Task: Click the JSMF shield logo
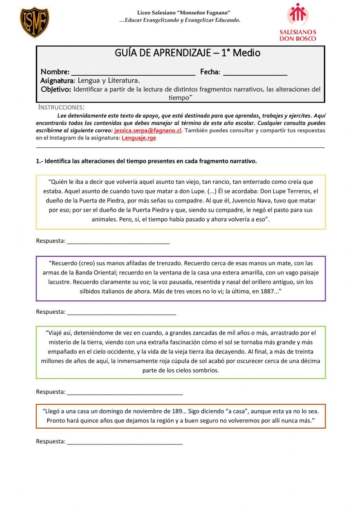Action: click(x=35, y=22)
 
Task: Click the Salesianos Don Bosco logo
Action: click(x=298, y=22)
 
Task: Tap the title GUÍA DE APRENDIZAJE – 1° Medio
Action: click(x=187, y=53)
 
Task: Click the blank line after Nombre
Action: click(x=133, y=72)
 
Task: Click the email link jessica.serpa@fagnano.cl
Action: click(x=148, y=130)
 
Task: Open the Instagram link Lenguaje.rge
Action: click(x=139, y=138)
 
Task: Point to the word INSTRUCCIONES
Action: click(x=62, y=107)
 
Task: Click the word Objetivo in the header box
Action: click(x=56, y=89)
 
